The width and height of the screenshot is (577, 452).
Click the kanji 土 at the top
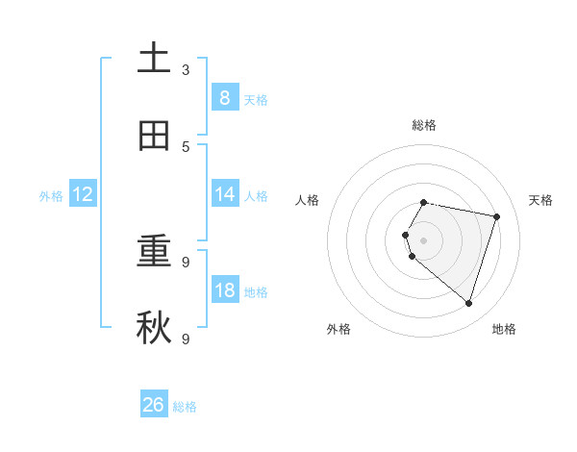point(155,58)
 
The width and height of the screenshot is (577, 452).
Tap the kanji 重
point(155,251)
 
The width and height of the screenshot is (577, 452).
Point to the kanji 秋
point(155,327)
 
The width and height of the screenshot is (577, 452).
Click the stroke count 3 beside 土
point(186,70)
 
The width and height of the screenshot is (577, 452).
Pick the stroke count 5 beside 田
point(186,147)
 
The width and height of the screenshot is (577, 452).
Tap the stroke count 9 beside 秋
point(186,339)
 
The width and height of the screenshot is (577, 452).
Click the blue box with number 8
point(224,97)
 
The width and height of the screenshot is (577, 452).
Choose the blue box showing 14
point(224,194)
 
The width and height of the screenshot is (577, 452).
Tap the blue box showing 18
point(224,289)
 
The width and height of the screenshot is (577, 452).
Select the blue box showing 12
point(83,194)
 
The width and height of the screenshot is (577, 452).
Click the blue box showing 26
point(154,405)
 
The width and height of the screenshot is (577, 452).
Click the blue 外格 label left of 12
point(51,196)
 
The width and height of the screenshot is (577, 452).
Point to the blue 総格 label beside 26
point(185,407)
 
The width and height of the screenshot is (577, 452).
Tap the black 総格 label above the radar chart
point(424,125)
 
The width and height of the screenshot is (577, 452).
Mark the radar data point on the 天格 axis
point(497,216)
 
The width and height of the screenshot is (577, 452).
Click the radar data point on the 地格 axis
point(469,304)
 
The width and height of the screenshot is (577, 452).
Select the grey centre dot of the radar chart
point(424,239)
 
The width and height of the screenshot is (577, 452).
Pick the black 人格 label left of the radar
point(308,200)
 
